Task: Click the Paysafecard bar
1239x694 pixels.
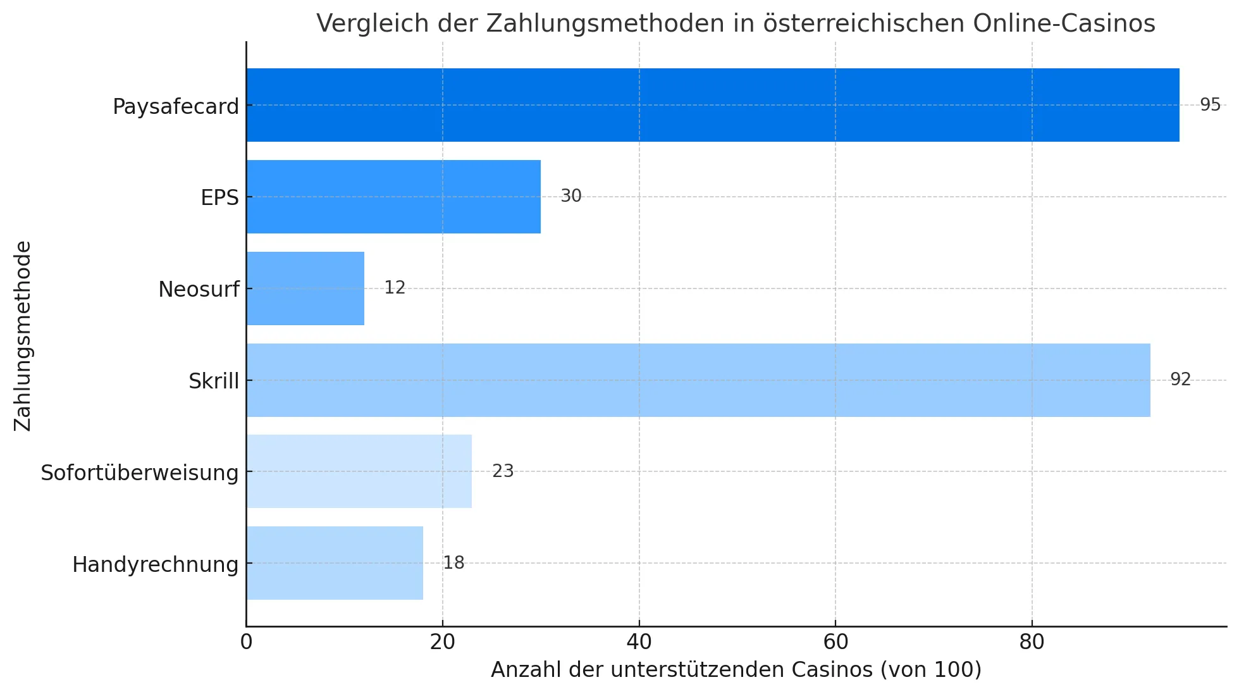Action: point(712,105)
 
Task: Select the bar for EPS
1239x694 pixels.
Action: point(393,197)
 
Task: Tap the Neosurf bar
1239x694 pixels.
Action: point(305,288)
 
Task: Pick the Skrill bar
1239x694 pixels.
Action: point(698,380)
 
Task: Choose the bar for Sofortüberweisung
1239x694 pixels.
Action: point(359,471)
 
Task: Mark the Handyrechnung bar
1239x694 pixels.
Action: point(335,563)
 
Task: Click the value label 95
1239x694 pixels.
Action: point(1210,105)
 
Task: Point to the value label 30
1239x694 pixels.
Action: point(570,196)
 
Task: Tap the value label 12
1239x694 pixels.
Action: point(395,288)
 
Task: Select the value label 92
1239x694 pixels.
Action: point(1180,380)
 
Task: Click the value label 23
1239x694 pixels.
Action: point(503,471)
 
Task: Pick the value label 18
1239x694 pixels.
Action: point(453,563)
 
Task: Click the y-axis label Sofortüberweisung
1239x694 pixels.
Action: point(140,473)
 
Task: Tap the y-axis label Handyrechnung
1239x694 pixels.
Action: point(156,564)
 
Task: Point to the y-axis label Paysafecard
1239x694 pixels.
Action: point(176,106)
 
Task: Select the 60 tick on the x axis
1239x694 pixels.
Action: point(835,642)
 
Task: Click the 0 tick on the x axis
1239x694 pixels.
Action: point(246,642)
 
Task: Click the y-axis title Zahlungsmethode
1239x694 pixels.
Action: point(23,336)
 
